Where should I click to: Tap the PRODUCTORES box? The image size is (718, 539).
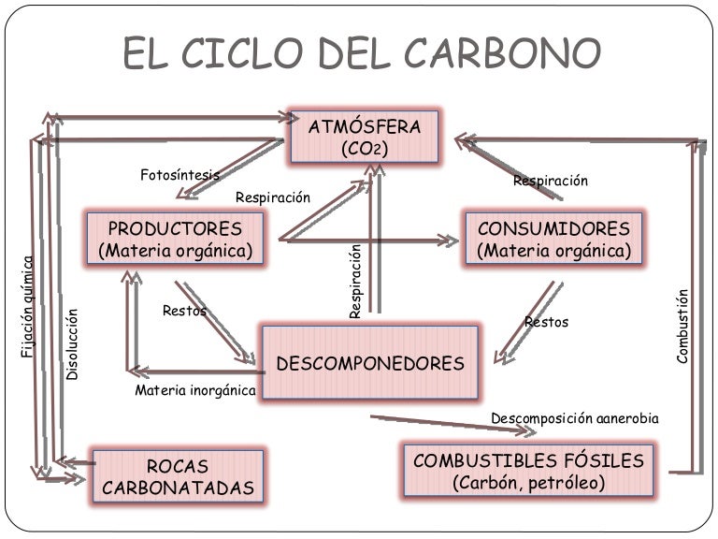coord(175,240)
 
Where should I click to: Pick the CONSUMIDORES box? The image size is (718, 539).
coord(553,240)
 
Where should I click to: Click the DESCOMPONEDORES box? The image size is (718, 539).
coord(370,363)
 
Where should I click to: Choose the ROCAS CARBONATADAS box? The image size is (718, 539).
coord(178,476)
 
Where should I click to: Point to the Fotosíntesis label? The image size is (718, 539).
coord(179,175)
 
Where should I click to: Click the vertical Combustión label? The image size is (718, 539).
coord(682,327)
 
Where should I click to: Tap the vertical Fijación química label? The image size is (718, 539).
coord(27,306)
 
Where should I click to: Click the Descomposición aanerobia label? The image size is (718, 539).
coord(574,418)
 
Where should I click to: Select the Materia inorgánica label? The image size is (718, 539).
coord(194,390)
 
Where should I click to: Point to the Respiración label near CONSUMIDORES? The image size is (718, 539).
coord(551,181)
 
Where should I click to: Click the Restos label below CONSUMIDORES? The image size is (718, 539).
coord(547,322)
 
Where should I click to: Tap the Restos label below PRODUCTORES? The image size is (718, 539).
coord(185,311)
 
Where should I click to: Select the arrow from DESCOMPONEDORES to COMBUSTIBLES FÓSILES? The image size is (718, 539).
coord(439,423)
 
